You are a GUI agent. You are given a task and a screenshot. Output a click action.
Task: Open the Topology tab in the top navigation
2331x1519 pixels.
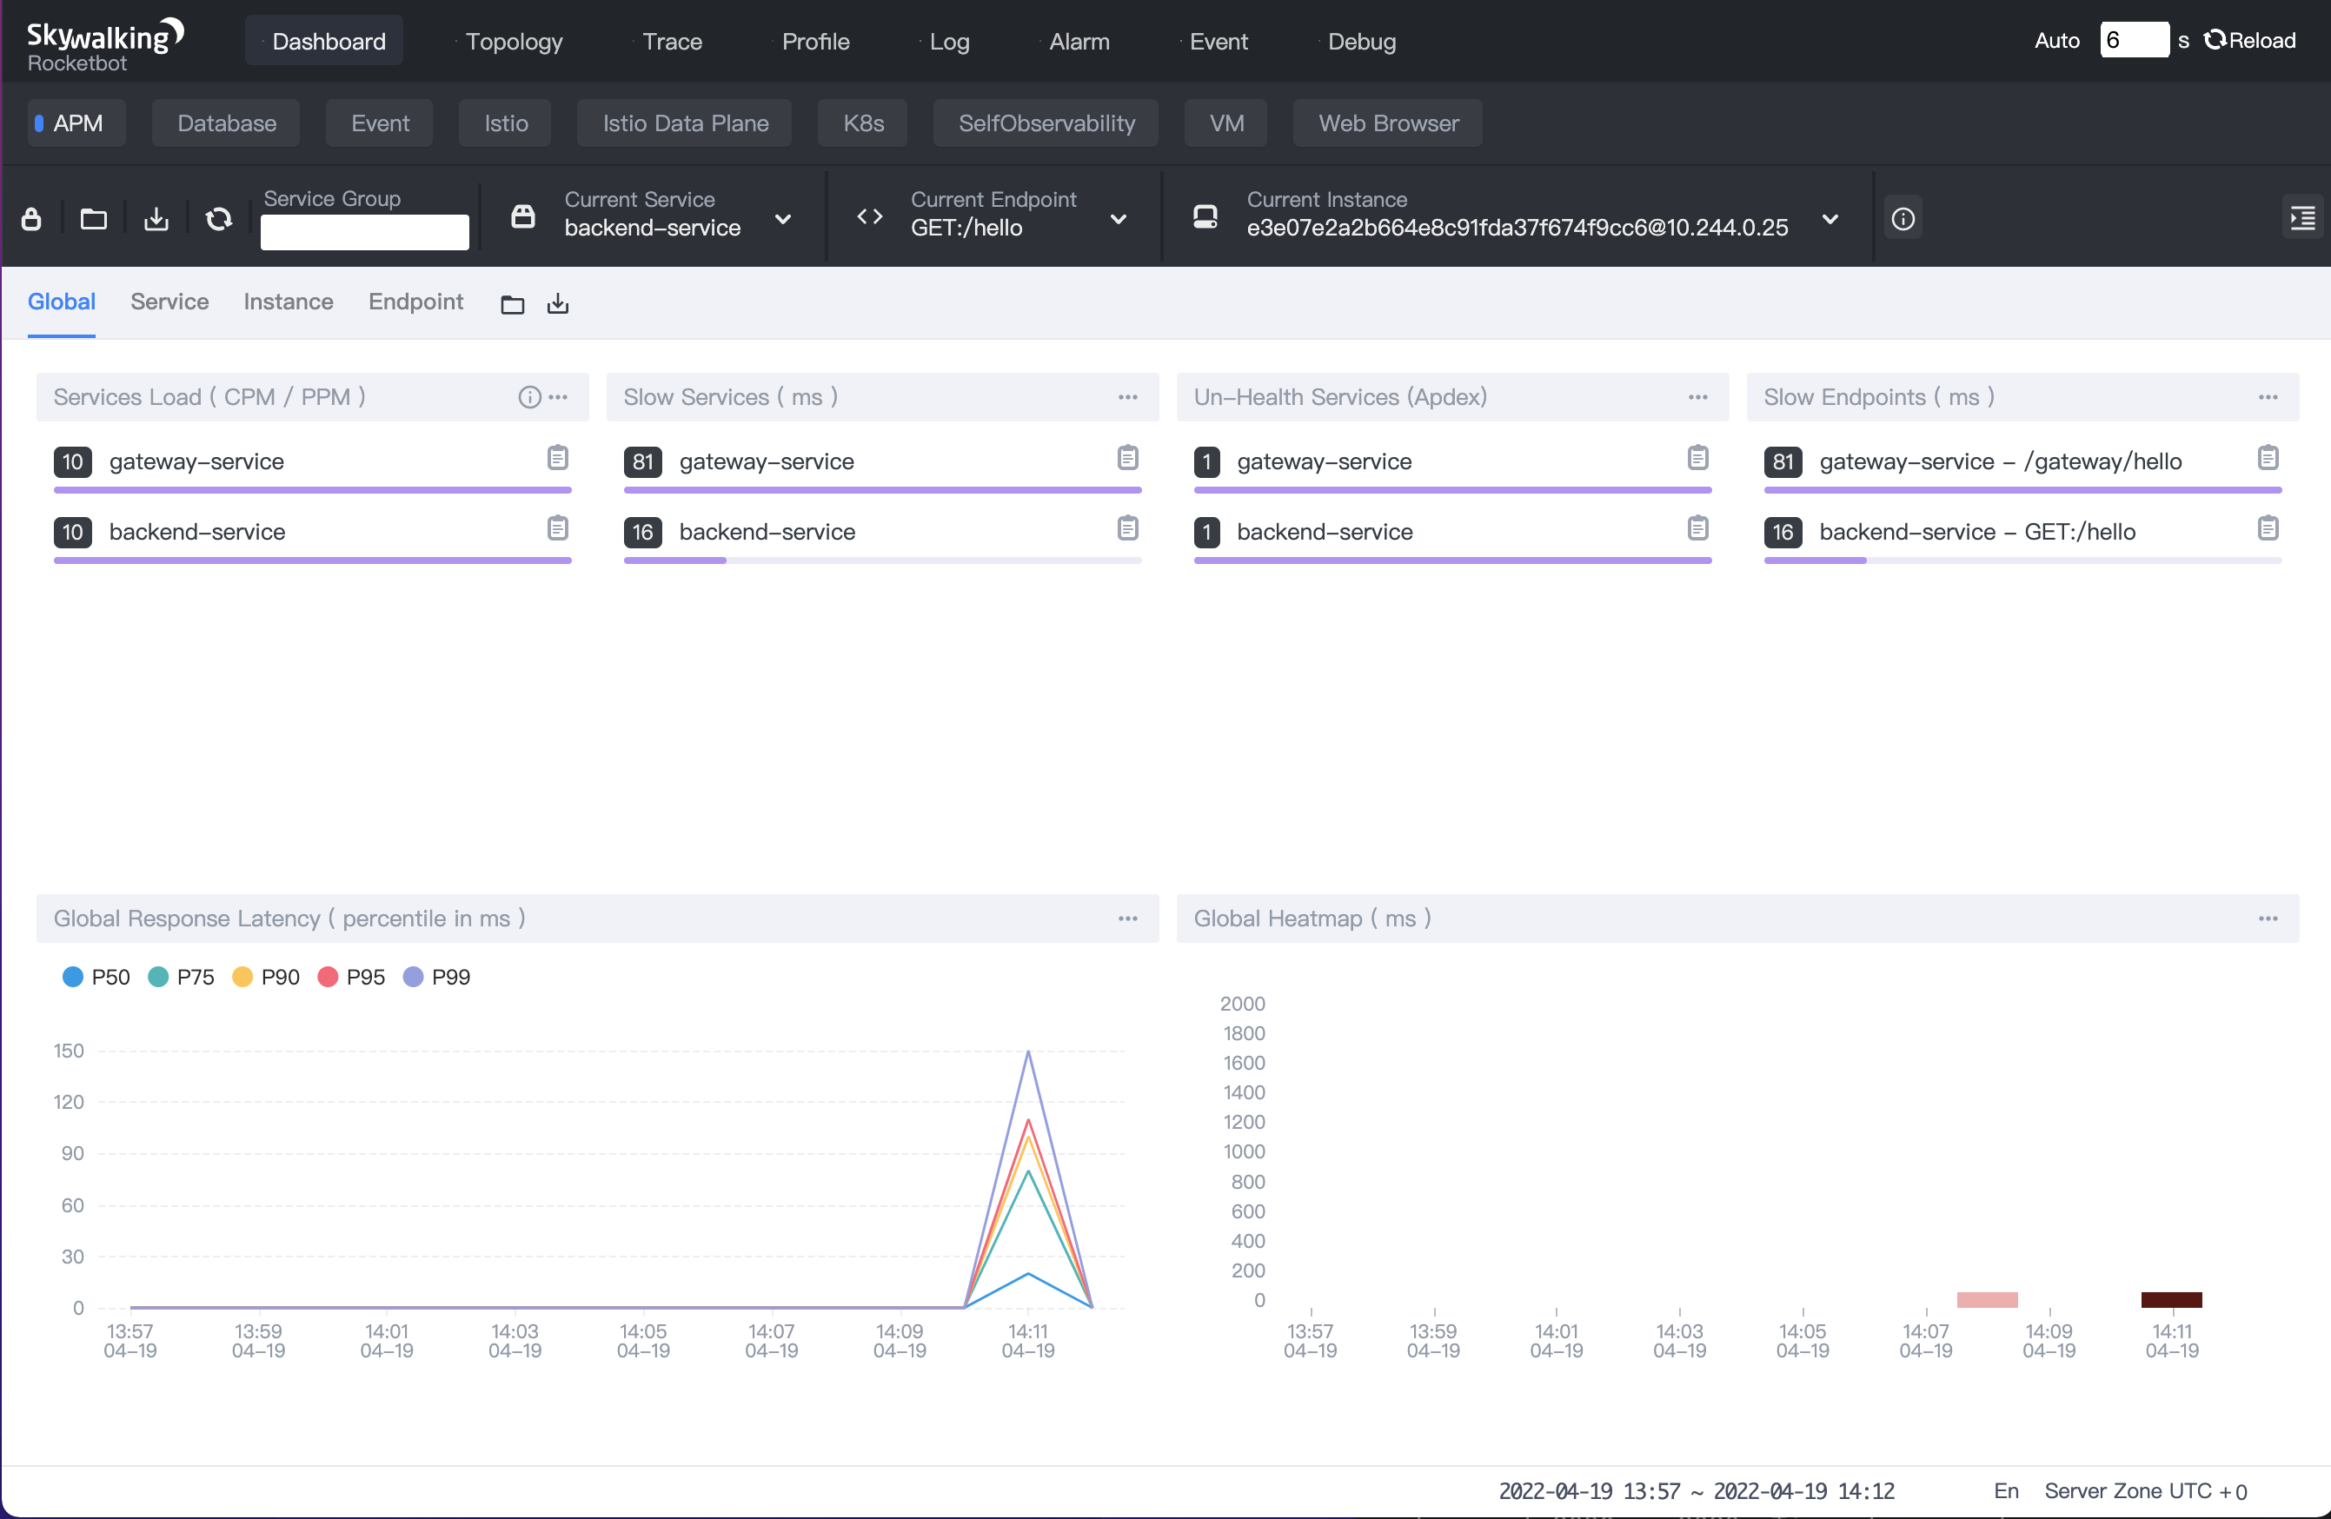click(x=513, y=41)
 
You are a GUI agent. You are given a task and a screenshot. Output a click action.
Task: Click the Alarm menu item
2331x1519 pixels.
click(x=1079, y=41)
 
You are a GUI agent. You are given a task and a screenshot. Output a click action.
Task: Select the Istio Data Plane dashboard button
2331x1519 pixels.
click(x=685, y=123)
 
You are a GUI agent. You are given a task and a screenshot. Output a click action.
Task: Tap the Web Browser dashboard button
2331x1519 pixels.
click(x=1387, y=123)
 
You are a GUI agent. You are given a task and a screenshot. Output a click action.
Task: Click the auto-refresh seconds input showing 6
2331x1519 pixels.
click(x=2132, y=40)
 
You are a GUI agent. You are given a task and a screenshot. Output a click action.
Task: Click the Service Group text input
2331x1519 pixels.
click(x=364, y=232)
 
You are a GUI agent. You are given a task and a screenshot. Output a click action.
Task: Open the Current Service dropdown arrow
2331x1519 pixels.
click(x=782, y=218)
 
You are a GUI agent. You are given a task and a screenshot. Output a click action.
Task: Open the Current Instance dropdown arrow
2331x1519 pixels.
click(x=1830, y=218)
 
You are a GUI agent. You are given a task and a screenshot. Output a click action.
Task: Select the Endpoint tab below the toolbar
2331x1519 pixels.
click(x=415, y=302)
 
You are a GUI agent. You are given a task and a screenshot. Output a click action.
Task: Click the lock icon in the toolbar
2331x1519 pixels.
click(x=31, y=218)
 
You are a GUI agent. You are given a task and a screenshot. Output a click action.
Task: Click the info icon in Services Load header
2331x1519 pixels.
click(x=529, y=396)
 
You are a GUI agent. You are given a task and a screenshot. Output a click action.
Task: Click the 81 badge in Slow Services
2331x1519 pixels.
click(x=642, y=461)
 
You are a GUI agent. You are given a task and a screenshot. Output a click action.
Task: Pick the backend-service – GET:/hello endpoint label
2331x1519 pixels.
click(x=1976, y=532)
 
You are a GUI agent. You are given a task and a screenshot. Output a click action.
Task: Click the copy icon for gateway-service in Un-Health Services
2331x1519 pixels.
click(x=1697, y=457)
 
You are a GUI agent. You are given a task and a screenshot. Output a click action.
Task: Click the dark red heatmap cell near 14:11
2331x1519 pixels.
click(x=2170, y=1300)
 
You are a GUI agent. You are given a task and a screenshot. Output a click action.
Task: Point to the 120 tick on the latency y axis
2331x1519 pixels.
click(x=69, y=1102)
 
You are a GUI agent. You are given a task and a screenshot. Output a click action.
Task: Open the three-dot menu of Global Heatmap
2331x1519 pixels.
click(x=2268, y=919)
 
